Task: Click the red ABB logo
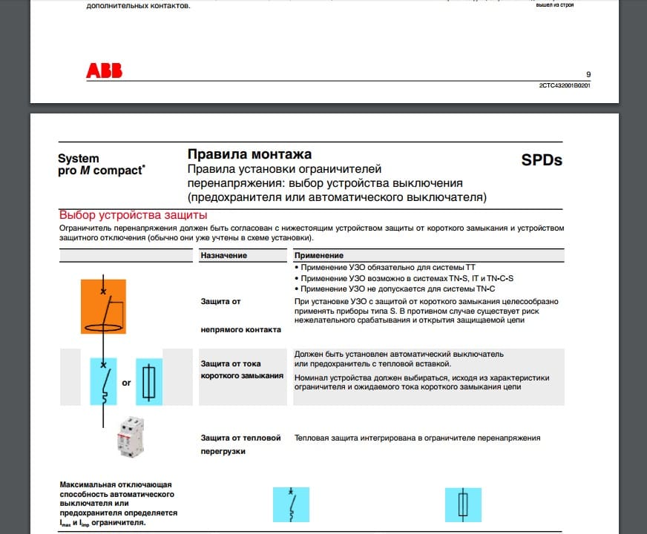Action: (x=104, y=71)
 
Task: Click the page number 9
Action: (x=588, y=74)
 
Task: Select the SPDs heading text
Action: (x=542, y=160)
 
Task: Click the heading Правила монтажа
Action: (x=249, y=155)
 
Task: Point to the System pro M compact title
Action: (x=101, y=165)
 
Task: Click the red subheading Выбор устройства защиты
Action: (x=128, y=215)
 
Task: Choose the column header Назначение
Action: (x=223, y=255)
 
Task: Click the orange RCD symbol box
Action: (x=105, y=306)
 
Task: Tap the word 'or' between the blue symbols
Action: (x=126, y=383)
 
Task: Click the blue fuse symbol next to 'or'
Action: (x=149, y=381)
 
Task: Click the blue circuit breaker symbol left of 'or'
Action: (x=104, y=381)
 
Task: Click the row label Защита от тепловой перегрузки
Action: (x=241, y=444)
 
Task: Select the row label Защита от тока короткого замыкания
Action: (x=242, y=370)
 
